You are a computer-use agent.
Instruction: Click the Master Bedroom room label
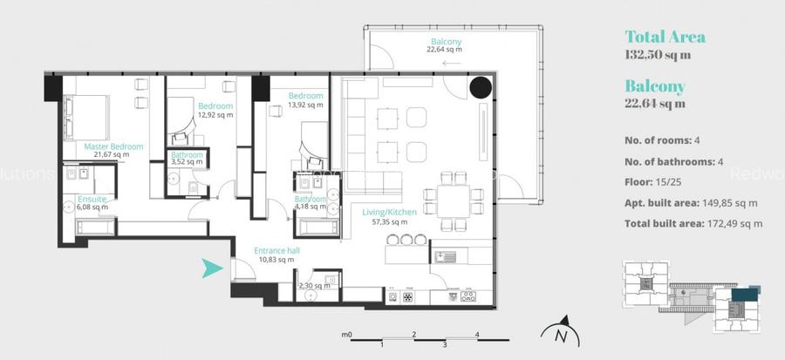[x=113, y=146]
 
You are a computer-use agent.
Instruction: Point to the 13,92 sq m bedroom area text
[x=305, y=105]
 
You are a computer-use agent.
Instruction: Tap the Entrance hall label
[x=277, y=251]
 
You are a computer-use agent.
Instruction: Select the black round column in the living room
[x=480, y=87]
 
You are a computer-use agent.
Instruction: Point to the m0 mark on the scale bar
[x=346, y=333]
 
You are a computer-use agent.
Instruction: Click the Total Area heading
[x=665, y=37]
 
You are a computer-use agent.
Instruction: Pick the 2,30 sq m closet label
[x=314, y=285]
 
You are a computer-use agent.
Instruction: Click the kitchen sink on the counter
[x=445, y=257]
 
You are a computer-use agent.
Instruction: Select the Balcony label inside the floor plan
[x=445, y=42]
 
